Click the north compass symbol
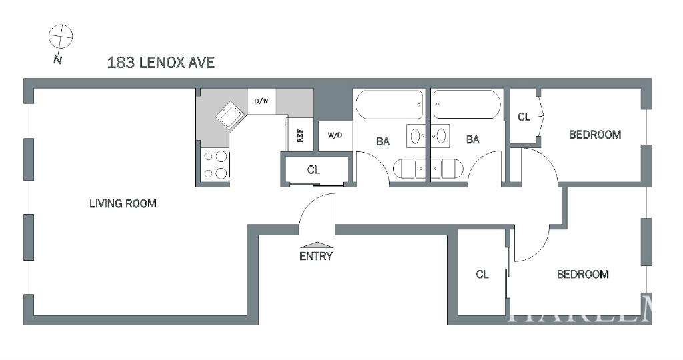pyautogui.click(x=60, y=37)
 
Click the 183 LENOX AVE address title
pyautogui.click(x=161, y=63)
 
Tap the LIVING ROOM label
pyautogui.click(x=123, y=203)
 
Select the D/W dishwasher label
pyautogui.click(x=261, y=101)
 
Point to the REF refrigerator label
pyautogui.click(x=300, y=135)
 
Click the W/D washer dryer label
pyautogui.click(x=335, y=135)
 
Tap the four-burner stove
pyautogui.click(x=215, y=165)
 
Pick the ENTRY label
pyautogui.click(x=316, y=256)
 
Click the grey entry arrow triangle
pyautogui.click(x=316, y=245)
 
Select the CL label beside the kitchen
pyautogui.click(x=313, y=170)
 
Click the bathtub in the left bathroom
pyautogui.click(x=389, y=105)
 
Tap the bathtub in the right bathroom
pyautogui.click(x=467, y=105)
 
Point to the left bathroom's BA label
pyautogui.click(x=383, y=141)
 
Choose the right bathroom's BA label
pyautogui.click(x=472, y=139)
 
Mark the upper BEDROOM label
pyautogui.click(x=594, y=135)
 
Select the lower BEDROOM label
pyautogui.click(x=582, y=274)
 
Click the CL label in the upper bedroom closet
pyautogui.click(x=524, y=117)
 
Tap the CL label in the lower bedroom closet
pyautogui.click(x=482, y=274)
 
